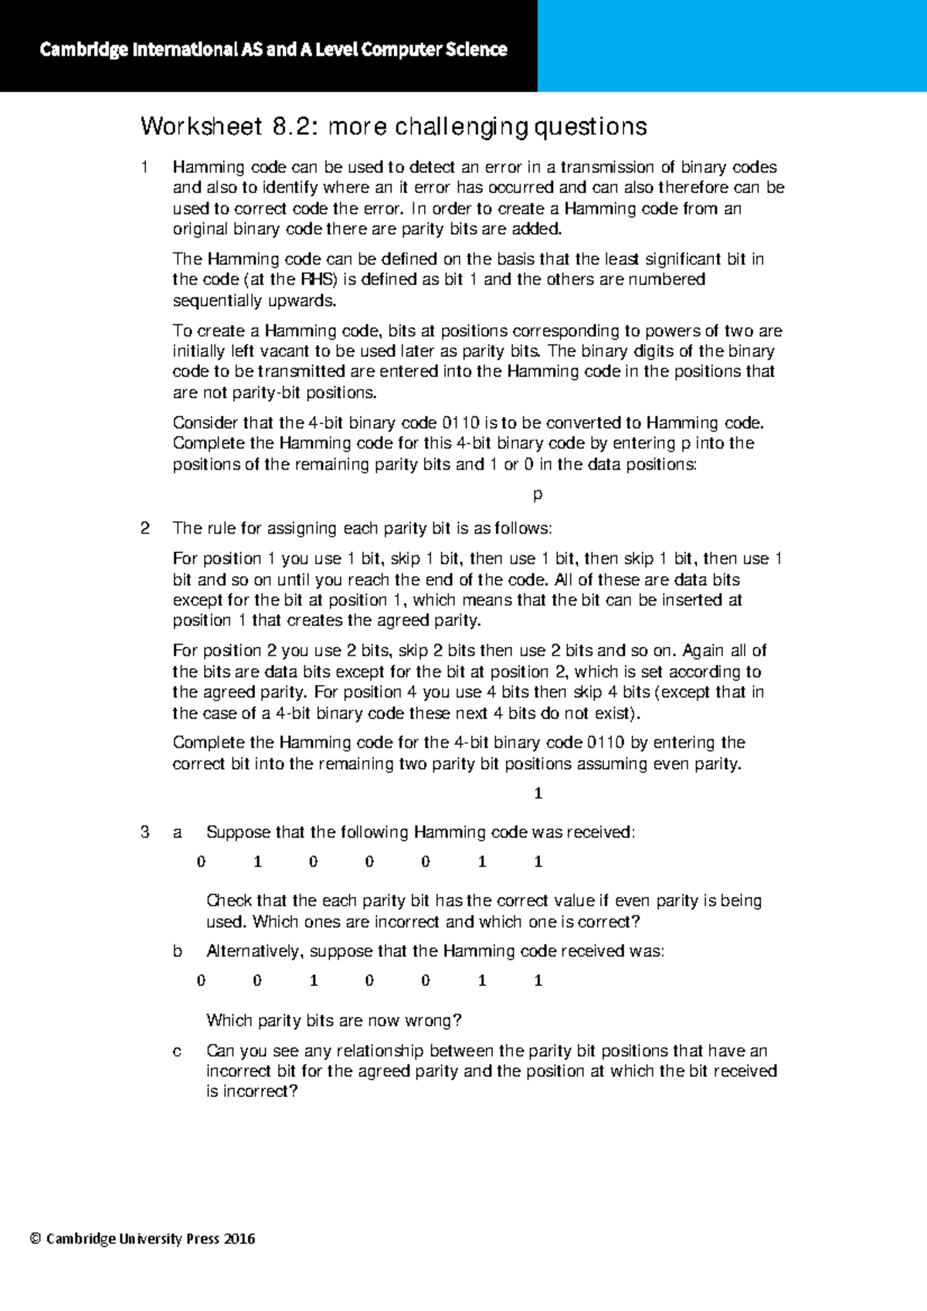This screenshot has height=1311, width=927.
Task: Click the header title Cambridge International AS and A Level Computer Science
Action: pos(273,49)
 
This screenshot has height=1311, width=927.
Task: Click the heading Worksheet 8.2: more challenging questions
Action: pos(393,127)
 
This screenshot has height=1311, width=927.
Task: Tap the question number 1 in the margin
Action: pos(144,167)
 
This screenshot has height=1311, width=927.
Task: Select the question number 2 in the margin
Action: pos(144,528)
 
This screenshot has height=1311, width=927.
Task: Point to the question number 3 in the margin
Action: pos(144,832)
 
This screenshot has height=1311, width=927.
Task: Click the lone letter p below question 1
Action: pos(538,494)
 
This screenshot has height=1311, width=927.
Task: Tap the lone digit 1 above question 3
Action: pos(538,793)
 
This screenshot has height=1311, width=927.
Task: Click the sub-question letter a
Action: pos(178,832)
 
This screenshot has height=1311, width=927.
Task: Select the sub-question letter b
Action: pos(178,951)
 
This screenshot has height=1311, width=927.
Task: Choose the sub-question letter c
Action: pos(178,1051)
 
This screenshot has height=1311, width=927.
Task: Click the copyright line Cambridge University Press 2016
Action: pos(142,1239)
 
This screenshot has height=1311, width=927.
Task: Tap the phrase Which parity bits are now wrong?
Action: pos(334,1021)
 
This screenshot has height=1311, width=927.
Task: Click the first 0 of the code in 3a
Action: pos(201,862)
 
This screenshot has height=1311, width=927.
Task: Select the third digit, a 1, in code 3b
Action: pos(314,981)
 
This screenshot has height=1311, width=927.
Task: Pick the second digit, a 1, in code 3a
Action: pos(257,862)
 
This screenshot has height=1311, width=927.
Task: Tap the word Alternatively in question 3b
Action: pos(254,951)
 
